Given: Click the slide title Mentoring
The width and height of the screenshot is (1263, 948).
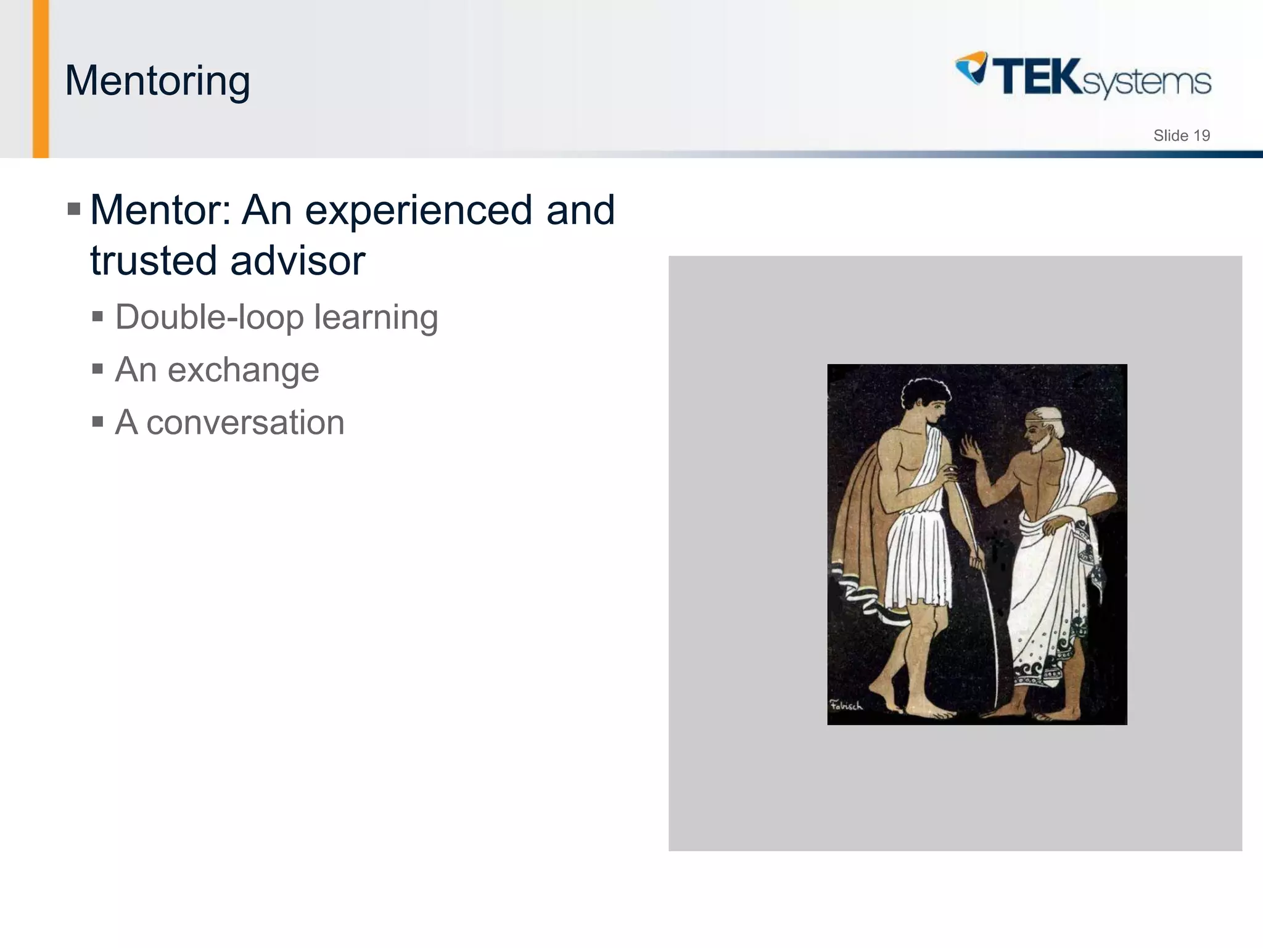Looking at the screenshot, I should click(157, 81).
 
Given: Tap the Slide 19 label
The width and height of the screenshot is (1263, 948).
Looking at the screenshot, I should click(1181, 136).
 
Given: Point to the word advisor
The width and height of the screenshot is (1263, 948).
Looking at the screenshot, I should click(298, 260).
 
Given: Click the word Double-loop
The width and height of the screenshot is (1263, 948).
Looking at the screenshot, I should click(210, 317).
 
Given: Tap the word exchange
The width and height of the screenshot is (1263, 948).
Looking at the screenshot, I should click(243, 370).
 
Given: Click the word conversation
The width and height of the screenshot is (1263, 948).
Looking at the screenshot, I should click(245, 423).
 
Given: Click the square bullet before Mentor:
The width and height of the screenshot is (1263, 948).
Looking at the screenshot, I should click(74, 209).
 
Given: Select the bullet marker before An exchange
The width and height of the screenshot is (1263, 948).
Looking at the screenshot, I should click(97, 370).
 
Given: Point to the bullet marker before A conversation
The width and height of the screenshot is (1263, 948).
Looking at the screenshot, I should click(97, 422).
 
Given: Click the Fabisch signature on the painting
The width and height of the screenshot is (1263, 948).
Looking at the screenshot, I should click(846, 705).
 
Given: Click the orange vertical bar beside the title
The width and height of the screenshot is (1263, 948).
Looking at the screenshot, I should click(41, 79).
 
